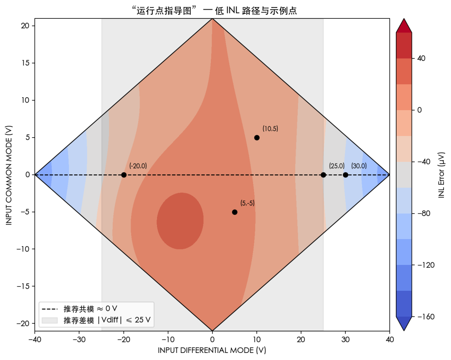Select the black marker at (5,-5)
click(235, 212)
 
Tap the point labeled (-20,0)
click(124, 175)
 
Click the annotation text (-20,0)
click(138, 166)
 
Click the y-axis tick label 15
click(25, 63)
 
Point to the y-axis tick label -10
click(24, 249)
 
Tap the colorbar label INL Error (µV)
click(442, 175)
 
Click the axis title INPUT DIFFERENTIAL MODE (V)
click(212, 350)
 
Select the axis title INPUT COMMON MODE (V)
click(9, 175)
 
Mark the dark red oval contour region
click(180, 221)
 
